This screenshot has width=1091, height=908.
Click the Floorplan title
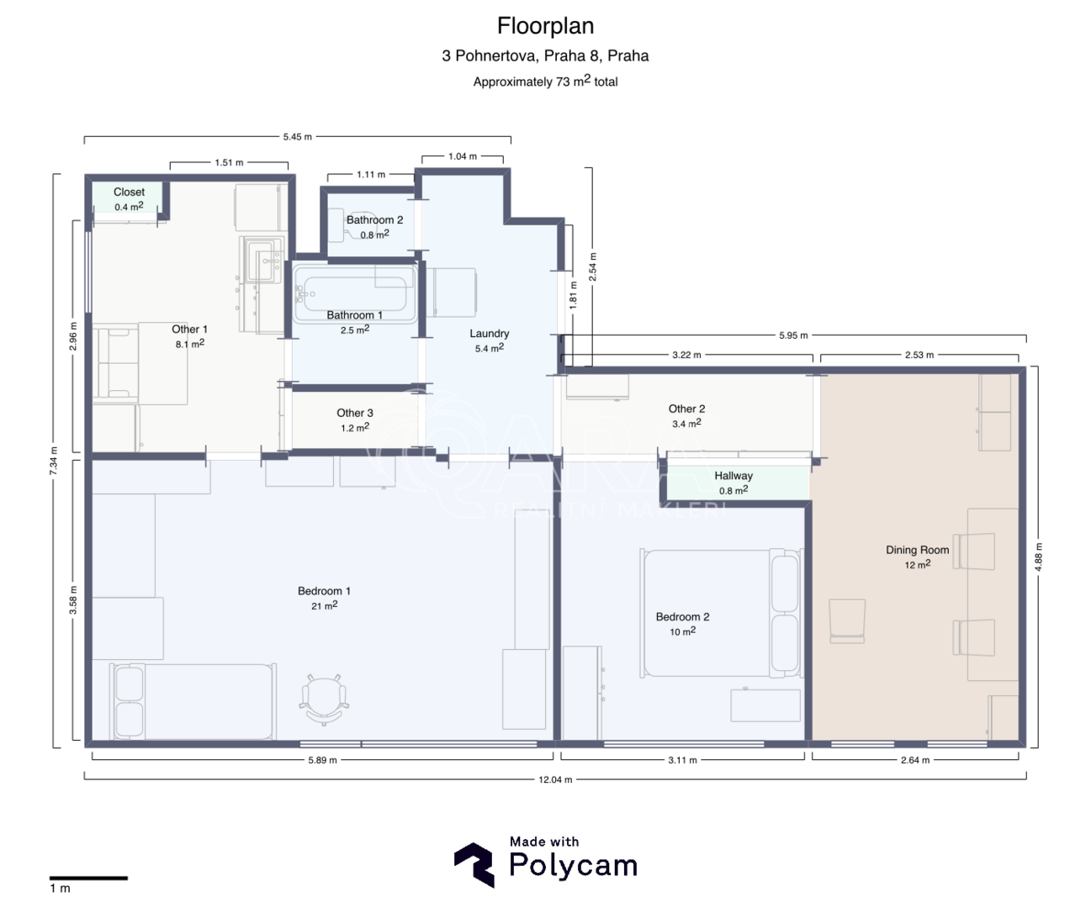point(545,26)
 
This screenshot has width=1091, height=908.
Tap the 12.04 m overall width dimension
point(555,779)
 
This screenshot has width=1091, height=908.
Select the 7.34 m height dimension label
point(53,461)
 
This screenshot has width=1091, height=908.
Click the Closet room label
point(129,193)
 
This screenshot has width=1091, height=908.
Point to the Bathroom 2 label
point(374,219)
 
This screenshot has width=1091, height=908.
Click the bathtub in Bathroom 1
point(355,294)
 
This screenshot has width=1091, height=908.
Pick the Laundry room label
point(489,334)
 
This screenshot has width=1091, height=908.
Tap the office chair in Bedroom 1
point(324,699)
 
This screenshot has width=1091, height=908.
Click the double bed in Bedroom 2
point(722,613)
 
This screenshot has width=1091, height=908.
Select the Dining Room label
point(917,550)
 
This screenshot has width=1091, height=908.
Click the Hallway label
point(734,476)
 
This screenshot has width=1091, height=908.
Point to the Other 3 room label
point(355,413)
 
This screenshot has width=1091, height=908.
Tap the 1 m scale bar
point(89,879)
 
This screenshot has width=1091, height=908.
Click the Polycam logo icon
point(474,864)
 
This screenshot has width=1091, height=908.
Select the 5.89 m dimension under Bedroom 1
point(322,760)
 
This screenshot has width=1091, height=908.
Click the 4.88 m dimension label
point(1038,557)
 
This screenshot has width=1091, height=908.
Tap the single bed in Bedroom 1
point(193,701)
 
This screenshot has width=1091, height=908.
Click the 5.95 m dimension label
point(793,335)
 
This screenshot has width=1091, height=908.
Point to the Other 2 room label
point(686,409)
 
